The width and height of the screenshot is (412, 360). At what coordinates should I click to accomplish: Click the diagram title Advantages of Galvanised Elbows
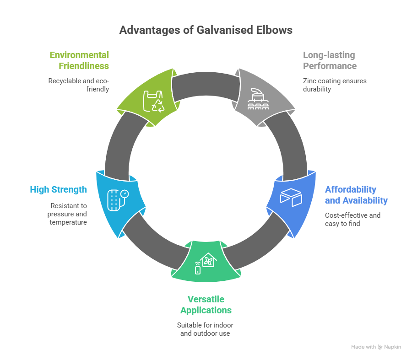pyautogui.click(x=206, y=30)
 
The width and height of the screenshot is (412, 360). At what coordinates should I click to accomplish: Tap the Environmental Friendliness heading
pyautogui.click(x=79, y=60)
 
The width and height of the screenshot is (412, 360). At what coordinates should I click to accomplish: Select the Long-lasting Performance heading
pyautogui.click(x=330, y=60)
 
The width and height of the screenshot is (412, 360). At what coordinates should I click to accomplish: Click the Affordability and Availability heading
pyautogui.click(x=356, y=195)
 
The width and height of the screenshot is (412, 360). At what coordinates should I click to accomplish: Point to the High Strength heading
pyautogui.click(x=58, y=189)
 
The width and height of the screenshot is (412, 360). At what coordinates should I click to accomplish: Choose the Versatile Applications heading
pyautogui.click(x=206, y=305)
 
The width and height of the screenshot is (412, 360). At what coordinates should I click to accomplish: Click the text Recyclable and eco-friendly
pyautogui.click(x=79, y=85)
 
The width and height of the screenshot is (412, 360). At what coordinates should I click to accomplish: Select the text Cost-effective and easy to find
pyautogui.click(x=352, y=219)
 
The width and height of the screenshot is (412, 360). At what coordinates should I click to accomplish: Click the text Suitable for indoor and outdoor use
pyautogui.click(x=206, y=329)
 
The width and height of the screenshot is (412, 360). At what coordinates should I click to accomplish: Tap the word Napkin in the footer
pyautogui.click(x=393, y=347)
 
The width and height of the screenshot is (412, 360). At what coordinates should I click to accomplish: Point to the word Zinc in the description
pyautogui.click(x=309, y=81)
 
